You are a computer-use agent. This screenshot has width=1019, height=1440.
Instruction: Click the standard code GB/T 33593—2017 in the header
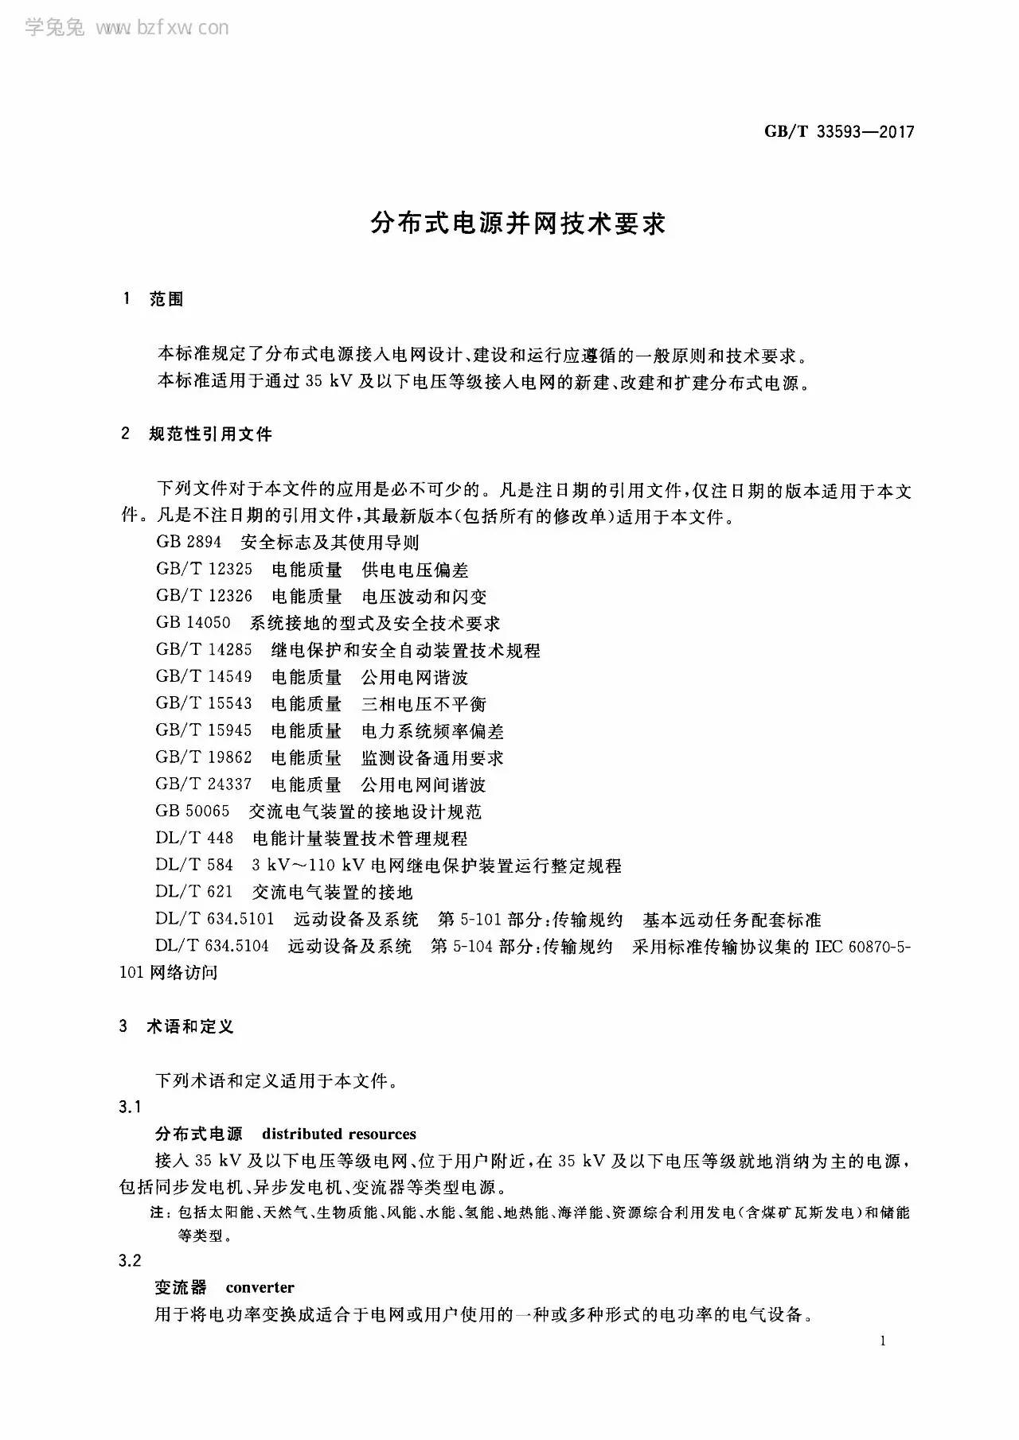point(839,132)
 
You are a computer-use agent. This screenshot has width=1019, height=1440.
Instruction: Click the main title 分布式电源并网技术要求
point(517,224)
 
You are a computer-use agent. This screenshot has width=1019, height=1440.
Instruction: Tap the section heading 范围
point(166,299)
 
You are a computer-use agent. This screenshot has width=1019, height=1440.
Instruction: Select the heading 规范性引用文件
point(210,434)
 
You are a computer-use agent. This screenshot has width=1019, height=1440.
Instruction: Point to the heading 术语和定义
point(190,1026)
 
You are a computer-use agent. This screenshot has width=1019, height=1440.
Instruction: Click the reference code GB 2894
point(189,543)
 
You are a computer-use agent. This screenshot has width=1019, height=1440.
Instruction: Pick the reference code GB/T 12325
point(204,570)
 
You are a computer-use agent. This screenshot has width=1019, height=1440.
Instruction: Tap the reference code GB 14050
point(193,623)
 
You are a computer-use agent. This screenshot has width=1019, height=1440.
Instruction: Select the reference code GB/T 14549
point(204,677)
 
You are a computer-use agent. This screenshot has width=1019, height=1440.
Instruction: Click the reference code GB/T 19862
point(204,757)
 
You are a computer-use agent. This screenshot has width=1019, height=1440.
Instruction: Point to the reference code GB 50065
point(193,811)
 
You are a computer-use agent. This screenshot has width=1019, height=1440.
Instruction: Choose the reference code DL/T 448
point(195,839)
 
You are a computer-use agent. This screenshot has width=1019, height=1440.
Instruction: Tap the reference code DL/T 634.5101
point(215,920)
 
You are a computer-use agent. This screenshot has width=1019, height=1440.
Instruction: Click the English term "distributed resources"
point(339,1134)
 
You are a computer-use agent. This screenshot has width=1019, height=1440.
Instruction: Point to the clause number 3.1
point(130,1107)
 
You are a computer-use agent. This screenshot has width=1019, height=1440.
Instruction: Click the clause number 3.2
point(130,1260)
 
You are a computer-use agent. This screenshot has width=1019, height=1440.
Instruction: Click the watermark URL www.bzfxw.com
point(162,29)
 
